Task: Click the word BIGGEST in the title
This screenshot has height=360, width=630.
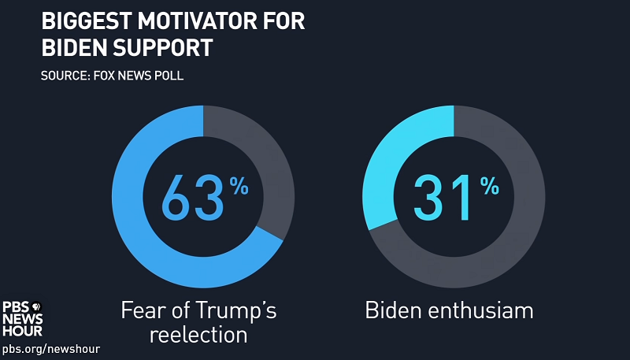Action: coord(82,21)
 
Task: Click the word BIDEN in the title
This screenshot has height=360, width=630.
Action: coord(73,47)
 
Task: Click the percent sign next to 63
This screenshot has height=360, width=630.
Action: coord(239,187)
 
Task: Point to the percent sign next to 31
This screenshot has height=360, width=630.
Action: coord(489,187)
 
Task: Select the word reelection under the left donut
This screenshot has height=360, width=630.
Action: coord(198,334)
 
